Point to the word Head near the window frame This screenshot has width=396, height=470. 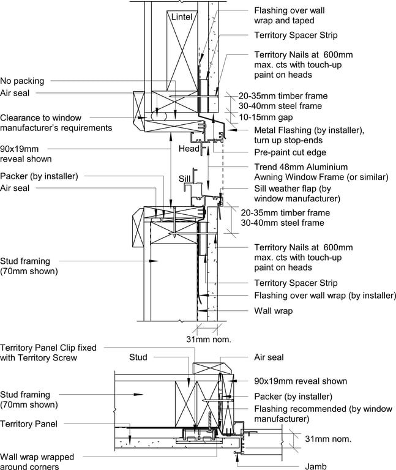point(189,149)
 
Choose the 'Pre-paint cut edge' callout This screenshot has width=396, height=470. point(290,152)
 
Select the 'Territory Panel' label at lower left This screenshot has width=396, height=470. point(29,423)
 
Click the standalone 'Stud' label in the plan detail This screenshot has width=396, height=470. point(138,357)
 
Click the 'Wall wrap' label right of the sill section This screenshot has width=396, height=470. point(273,311)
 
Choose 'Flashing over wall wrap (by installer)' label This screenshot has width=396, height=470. point(324,296)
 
